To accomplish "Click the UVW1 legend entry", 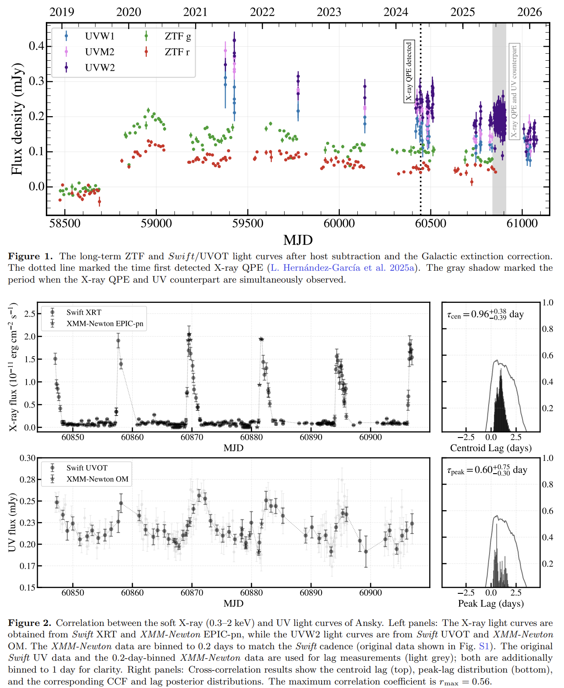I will tap(99, 36).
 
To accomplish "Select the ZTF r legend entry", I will tap(177, 52).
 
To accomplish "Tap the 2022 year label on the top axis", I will tap(262, 12).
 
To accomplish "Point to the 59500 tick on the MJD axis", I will tap(248, 224).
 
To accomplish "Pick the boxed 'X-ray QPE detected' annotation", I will tap(409, 71).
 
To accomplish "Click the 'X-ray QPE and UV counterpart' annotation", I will tap(514, 91).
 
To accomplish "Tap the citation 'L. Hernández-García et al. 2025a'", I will tap(342, 268).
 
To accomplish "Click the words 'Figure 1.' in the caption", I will tap(30, 256).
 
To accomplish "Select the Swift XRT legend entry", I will tap(84, 313).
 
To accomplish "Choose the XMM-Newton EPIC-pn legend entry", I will tap(105, 324).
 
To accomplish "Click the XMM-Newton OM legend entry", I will tap(97, 479).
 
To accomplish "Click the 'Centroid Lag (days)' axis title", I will tap(491, 448).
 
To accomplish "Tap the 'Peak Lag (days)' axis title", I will tap(491, 603).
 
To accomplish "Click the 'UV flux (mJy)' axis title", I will tap(12, 522).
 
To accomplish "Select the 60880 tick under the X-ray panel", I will tap(251, 437).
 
